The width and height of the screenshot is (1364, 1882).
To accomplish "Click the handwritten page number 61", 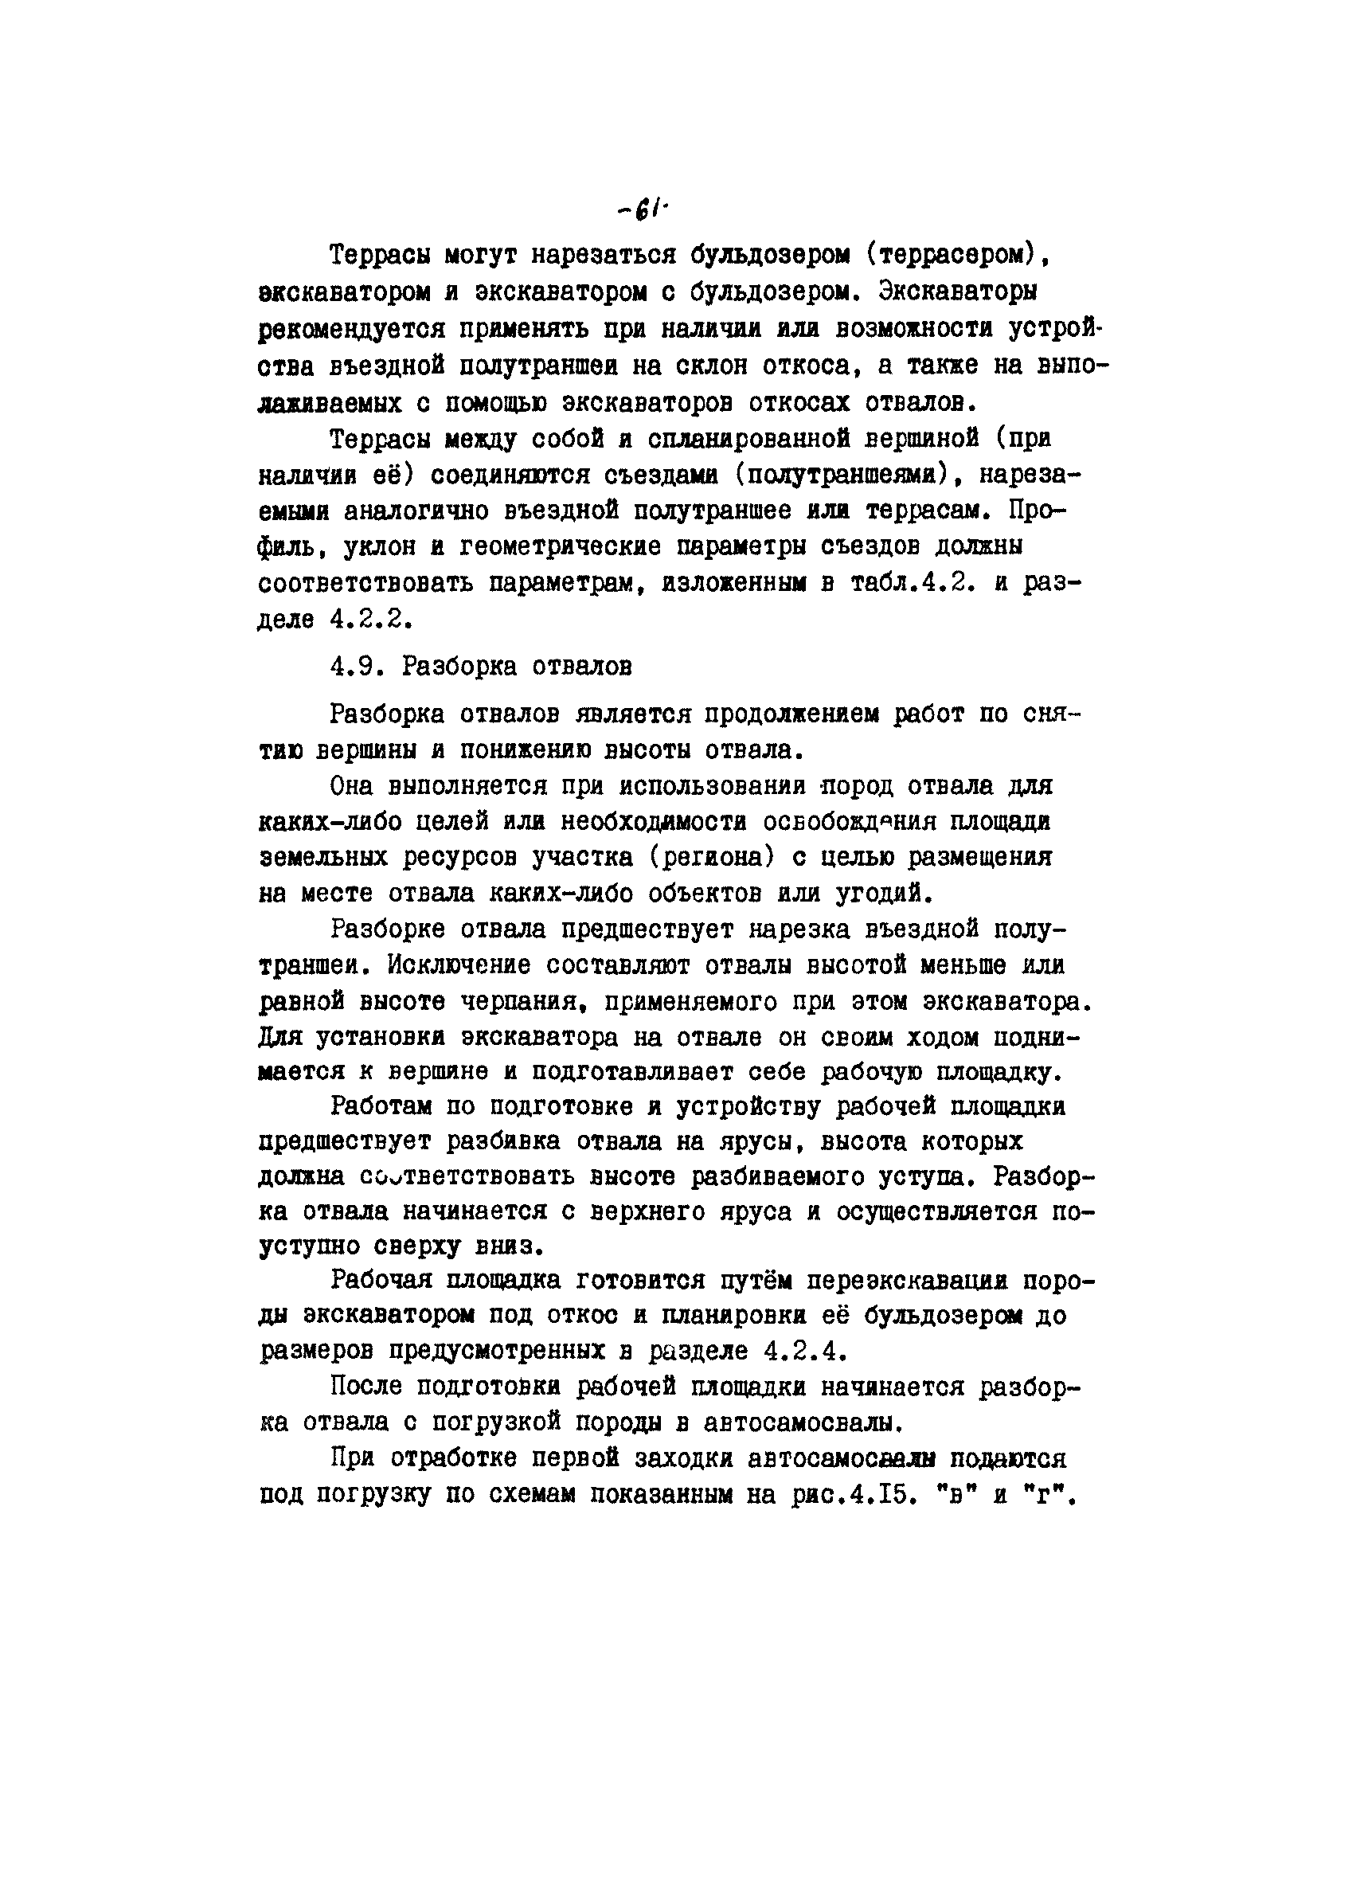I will tap(644, 212).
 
